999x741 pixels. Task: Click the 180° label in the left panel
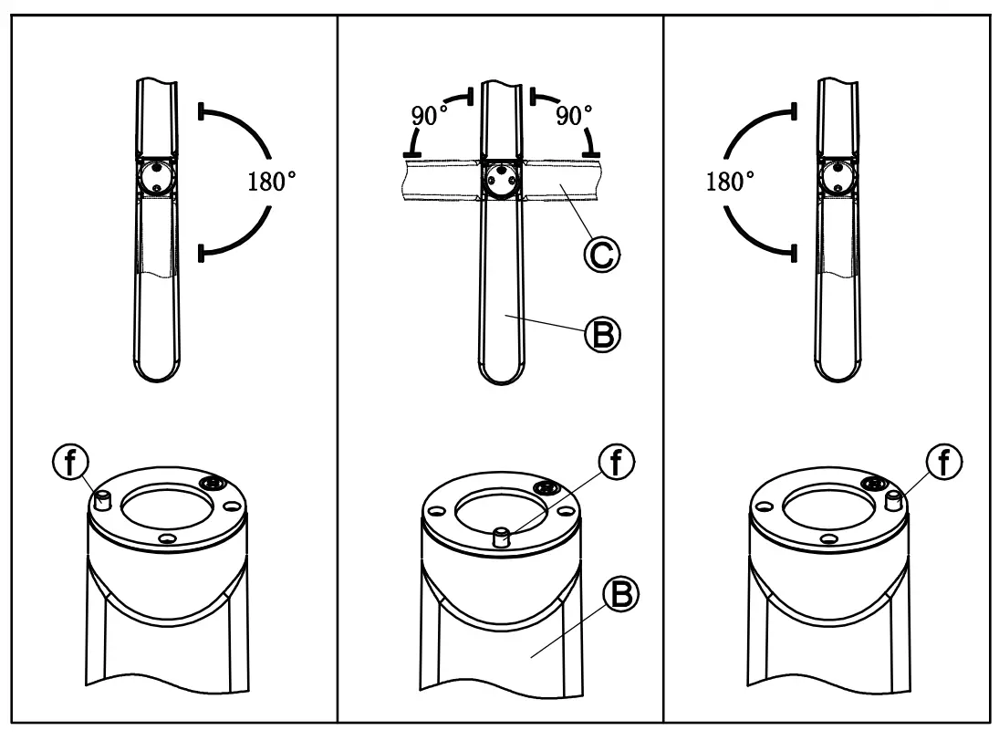point(272,181)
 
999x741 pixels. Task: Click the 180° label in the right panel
point(730,181)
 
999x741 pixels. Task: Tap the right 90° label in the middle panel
point(575,116)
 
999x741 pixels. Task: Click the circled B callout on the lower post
point(620,596)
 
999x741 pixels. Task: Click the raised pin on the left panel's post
point(103,498)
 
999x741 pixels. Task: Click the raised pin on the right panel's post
point(894,498)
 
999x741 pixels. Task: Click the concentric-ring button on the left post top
point(215,483)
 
